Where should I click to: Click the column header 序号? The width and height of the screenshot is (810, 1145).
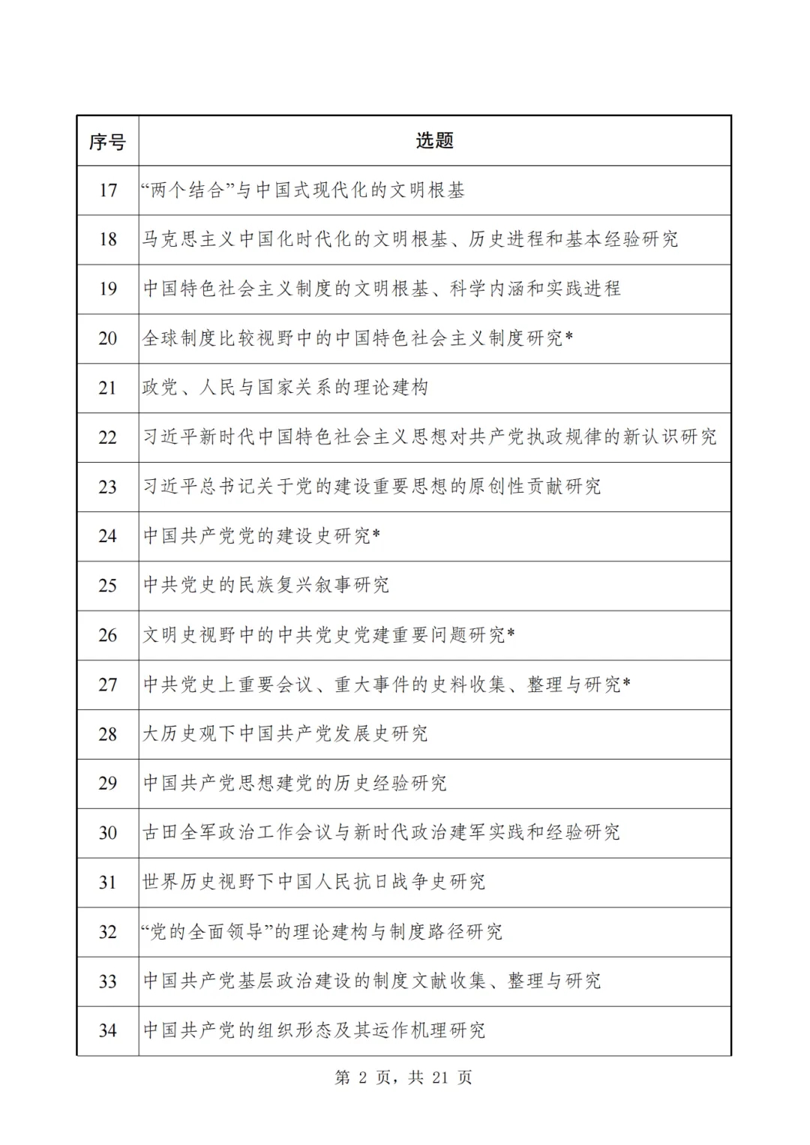(x=107, y=141)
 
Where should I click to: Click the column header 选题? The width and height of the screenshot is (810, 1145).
(x=434, y=141)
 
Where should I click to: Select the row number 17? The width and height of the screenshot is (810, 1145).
(x=108, y=190)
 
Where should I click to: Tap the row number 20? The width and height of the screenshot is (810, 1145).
(x=108, y=338)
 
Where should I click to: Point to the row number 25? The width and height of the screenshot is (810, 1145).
(x=108, y=586)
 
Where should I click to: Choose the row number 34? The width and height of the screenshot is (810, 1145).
(x=108, y=1031)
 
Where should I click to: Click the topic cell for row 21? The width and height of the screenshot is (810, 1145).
(x=285, y=388)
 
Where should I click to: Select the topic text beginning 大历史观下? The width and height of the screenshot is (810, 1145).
(x=285, y=733)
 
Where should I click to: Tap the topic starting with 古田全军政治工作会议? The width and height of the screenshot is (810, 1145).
(x=381, y=832)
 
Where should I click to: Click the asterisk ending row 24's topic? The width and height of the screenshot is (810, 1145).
(x=376, y=534)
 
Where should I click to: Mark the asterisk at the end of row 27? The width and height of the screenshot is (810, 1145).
(x=627, y=682)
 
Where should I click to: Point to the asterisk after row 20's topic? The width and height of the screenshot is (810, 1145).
(x=569, y=337)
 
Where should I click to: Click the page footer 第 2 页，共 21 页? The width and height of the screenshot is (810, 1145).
(x=403, y=1078)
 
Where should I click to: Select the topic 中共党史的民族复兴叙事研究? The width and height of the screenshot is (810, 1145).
(x=266, y=586)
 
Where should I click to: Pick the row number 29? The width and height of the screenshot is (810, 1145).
(x=108, y=784)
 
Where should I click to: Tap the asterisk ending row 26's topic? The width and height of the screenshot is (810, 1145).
(x=511, y=633)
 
